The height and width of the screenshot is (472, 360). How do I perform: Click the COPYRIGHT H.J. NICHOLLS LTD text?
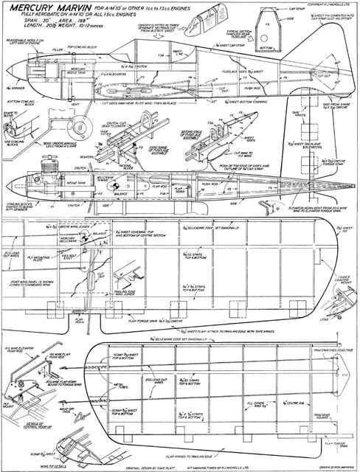(325, 4)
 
